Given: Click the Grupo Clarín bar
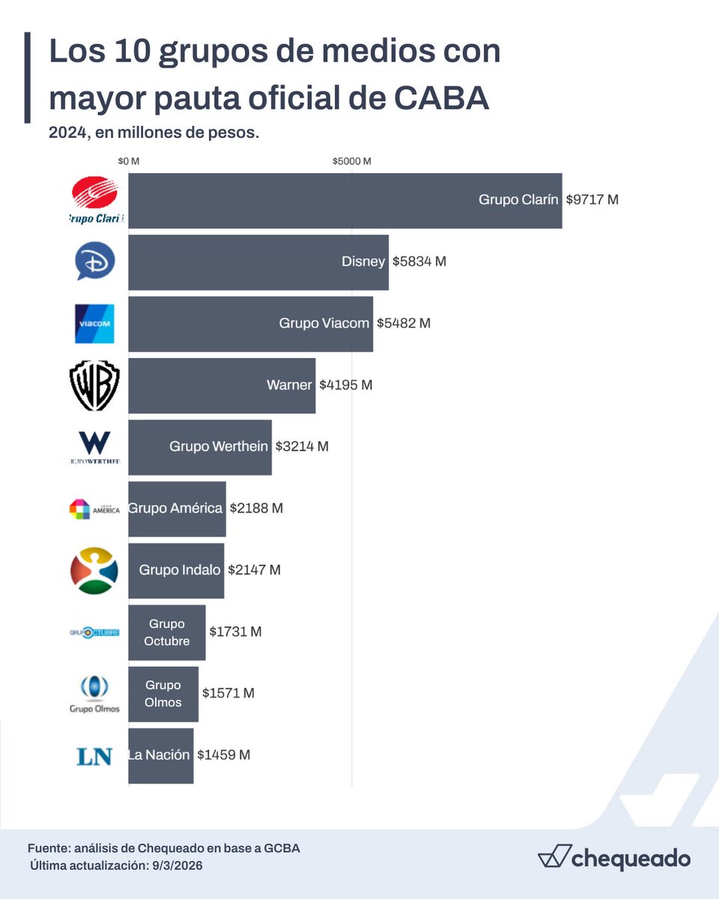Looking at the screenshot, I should coord(345,200).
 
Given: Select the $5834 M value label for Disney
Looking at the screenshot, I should coord(419,261).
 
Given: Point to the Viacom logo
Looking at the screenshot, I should coord(94,324).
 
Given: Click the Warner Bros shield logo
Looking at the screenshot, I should coord(94,386).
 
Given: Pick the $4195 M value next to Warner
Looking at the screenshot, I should coord(345,385).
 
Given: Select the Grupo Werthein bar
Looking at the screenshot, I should coord(199,447).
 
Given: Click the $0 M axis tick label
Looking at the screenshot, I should coord(129,161).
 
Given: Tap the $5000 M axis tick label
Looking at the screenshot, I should coord(352,161).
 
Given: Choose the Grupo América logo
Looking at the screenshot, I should coord(94,509).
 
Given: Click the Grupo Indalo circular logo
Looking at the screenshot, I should coord(94,570).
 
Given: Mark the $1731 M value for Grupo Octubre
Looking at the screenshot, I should coord(235,632).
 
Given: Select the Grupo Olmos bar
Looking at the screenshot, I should coord(163,694).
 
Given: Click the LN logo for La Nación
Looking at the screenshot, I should coord(94,756).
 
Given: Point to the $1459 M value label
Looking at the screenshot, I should coord(223,755).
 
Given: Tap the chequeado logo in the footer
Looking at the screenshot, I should coord(613,859).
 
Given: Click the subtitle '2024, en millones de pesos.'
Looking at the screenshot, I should coord(154,133).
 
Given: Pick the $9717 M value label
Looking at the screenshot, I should coord(592,200).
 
